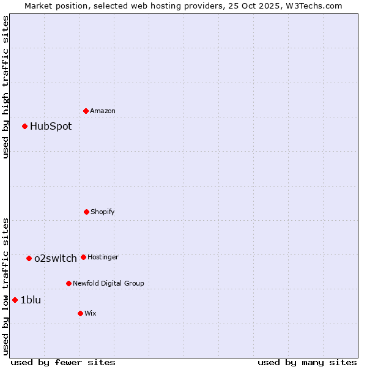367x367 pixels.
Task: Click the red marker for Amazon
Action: click(x=86, y=111)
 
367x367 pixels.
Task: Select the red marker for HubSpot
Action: click(x=25, y=127)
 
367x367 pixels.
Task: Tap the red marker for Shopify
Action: click(x=87, y=212)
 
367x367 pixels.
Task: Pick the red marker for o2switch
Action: click(x=29, y=258)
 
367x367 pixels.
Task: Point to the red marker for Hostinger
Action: click(x=83, y=257)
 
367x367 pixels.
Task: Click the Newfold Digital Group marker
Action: click(x=69, y=283)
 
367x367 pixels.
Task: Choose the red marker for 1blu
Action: click(x=15, y=300)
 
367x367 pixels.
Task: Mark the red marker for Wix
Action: click(x=80, y=313)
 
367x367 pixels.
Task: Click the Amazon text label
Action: click(x=103, y=111)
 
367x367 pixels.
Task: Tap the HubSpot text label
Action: click(x=51, y=127)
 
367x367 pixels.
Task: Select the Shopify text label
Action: click(x=103, y=212)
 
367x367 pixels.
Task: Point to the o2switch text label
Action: click(x=56, y=258)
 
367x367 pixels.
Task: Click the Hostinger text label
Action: click(x=103, y=257)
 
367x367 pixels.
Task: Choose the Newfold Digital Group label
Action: click(x=108, y=283)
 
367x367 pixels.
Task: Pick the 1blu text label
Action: click(x=31, y=300)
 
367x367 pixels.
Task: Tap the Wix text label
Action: click(x=91, y=313)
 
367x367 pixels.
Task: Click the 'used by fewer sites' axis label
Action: click(x=63, y=362)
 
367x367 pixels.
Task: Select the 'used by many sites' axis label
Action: click(x=307, y=362)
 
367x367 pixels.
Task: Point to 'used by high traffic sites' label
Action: click(x=6, y=87)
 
